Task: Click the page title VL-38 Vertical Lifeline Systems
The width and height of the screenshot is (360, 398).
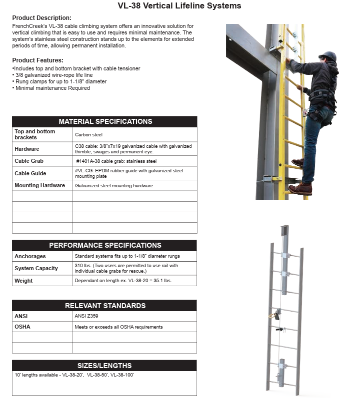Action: pos(179,5)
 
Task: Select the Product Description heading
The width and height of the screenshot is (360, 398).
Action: pos(42,18)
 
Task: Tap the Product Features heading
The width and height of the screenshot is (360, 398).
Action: pos(38,60)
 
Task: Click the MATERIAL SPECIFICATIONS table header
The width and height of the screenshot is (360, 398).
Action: pos(105,121)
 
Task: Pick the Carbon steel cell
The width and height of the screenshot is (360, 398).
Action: pos(88,134)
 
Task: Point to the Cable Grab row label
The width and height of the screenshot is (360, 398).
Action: pos(29,161)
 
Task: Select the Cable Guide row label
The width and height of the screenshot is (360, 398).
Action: pos(30,173)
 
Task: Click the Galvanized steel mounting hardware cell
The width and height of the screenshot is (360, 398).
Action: pos(114,186)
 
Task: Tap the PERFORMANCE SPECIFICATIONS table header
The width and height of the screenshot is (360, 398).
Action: pos(105,246)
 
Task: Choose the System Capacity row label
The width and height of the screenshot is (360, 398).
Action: pos(36,268)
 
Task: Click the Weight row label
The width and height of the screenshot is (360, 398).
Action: pos(23,281)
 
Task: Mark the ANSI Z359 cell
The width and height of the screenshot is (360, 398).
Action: pos(86,316)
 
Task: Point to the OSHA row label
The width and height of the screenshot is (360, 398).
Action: pos(22,327)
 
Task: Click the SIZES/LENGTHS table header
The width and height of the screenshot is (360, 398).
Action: pos(104,366)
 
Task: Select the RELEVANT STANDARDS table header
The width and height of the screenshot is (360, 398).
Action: pos(105,306)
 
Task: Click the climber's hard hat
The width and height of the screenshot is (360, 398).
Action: pos(328,56)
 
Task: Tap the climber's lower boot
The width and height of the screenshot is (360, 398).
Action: pos(300,189)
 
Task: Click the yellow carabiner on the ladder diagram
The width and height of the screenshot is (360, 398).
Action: pos(272,316)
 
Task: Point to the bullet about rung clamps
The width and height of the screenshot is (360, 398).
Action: pos(59,81)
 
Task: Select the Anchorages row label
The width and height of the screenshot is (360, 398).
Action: pos(30,256)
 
